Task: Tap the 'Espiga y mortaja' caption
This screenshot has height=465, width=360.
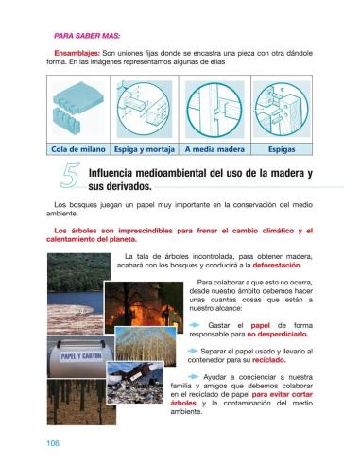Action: (x=143, y=148)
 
